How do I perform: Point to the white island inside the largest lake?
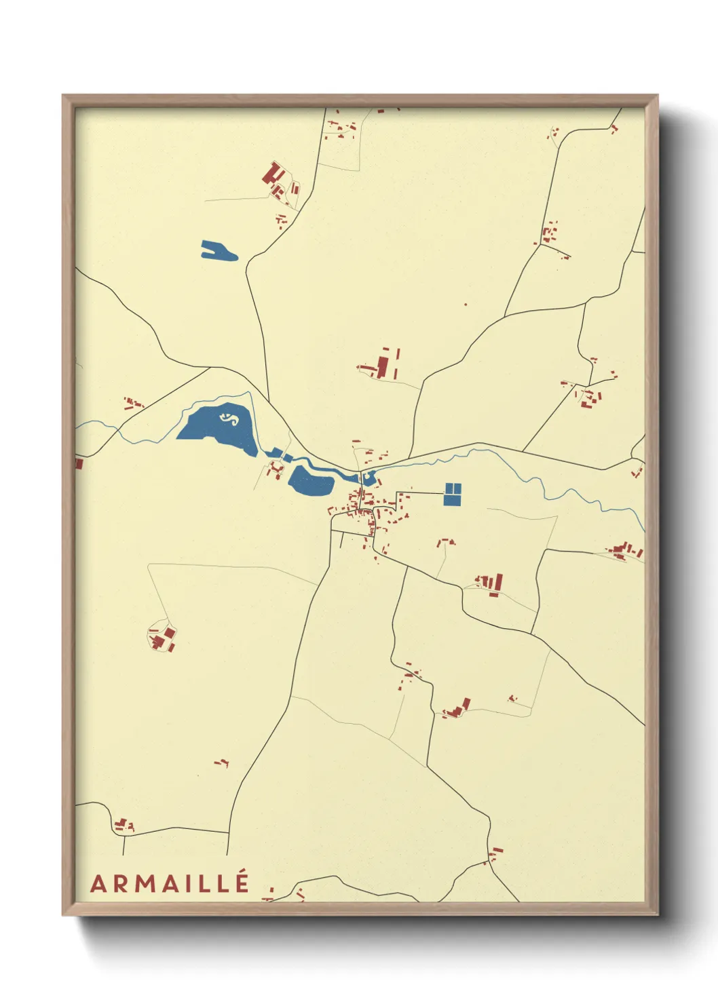[229, 418]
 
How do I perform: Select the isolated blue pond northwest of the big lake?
[218, 251]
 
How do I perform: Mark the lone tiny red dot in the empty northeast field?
[466, 305]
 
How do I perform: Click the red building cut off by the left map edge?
[79, 464]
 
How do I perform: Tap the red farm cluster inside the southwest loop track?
[163, 638]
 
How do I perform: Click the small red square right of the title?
[271, 888]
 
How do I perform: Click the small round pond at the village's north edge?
[369, 477]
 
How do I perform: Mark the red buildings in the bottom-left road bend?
[124, 825]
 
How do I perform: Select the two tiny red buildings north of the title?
[221, 763]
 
